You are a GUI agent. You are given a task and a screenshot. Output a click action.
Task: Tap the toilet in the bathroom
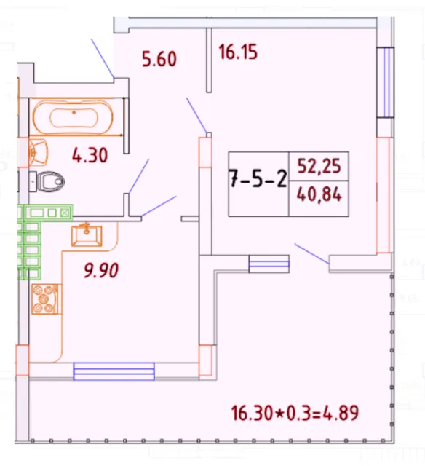pyautogui.click(x=49, y=181)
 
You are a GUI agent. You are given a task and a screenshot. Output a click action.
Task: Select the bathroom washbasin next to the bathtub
pyautogui.click(x=39, y=152)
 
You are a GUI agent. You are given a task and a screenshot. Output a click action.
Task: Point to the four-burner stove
pyautogui.click(x=46, y=299)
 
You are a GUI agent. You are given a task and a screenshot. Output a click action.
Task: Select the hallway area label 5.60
pyautogui.click(x=159, y=60)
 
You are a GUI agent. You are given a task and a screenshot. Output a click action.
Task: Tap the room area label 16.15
pyautogui.click(x=239, y=52)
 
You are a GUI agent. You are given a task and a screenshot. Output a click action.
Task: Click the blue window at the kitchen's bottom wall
pyautogui.click(x=114, y=371)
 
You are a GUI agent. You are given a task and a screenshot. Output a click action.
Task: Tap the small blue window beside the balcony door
pyautogui.click(x=269, y=263)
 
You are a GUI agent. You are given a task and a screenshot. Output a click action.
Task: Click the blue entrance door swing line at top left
pyautogui.click(x=101, y=58)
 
